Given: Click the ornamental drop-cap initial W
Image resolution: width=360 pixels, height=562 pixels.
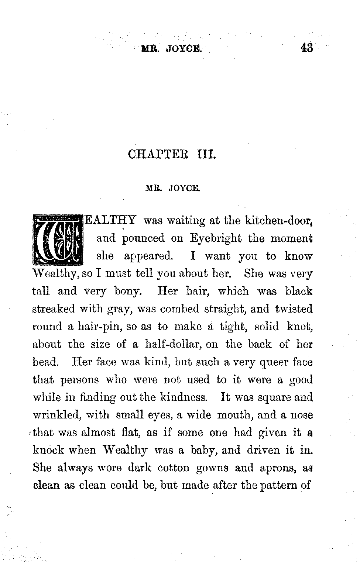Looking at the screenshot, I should pos(57,239).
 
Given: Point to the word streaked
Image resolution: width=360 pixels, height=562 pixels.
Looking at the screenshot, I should pos(53,309).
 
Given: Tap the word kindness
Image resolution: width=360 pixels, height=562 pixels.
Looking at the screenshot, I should pos(184,397).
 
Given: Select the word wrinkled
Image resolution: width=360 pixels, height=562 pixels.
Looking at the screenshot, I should pos(56,415).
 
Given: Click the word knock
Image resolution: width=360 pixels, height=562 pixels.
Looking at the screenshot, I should pos(48,450).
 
